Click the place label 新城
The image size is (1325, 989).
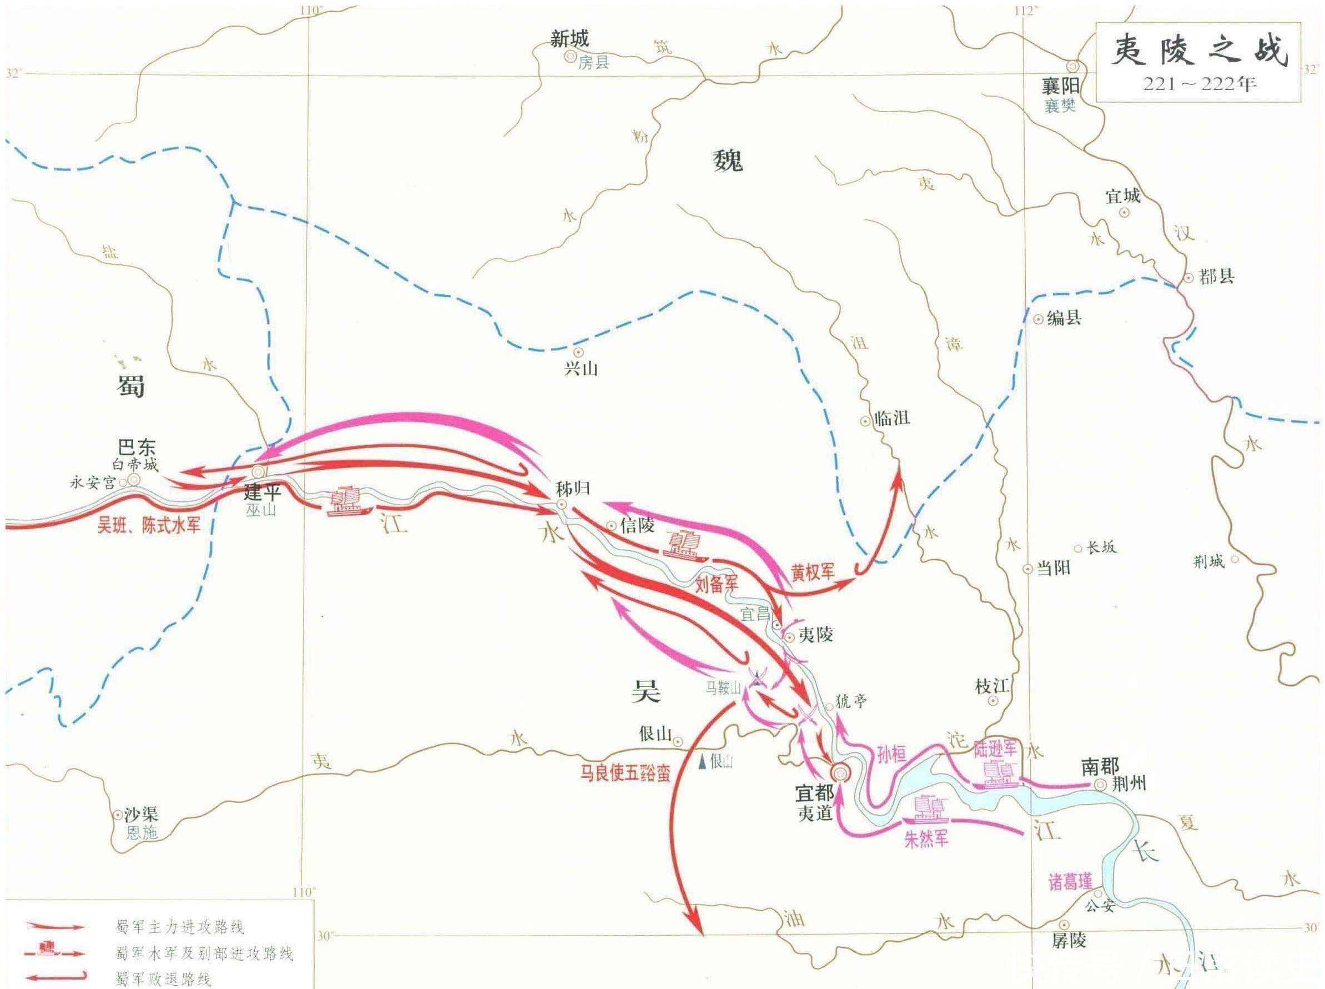coord(570,39)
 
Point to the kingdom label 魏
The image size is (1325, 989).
coord(727,160)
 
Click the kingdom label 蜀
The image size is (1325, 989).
coord(130,386)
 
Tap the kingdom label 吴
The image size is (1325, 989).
coord(646,691)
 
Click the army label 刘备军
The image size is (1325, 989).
coord(717,584)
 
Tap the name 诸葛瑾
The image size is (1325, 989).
coord(1071,881)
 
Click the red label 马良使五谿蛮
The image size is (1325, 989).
coord(624,772)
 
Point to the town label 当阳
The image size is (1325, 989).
coord(1052,568)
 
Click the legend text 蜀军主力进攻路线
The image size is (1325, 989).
coord(179,927)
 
